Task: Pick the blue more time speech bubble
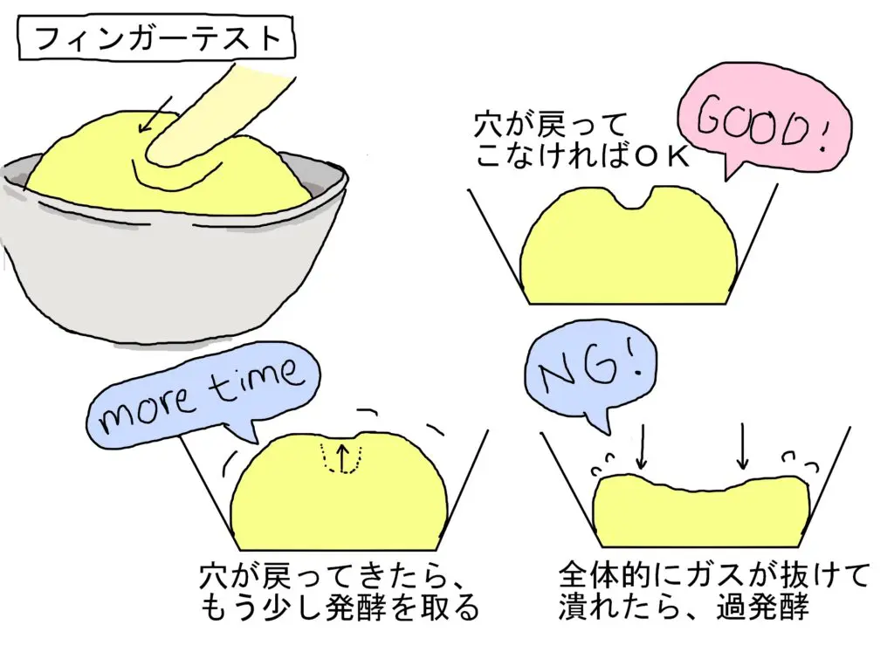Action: tap(201, 396)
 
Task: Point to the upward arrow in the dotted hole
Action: tap(342, 456)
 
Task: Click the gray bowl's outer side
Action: tap(131, 271)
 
